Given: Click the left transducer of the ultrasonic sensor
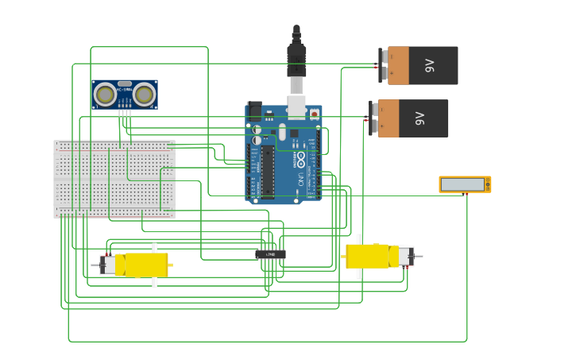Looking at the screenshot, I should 105,95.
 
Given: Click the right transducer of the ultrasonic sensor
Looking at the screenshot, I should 144,95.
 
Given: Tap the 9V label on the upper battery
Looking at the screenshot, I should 431,65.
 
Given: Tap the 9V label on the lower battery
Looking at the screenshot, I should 421,118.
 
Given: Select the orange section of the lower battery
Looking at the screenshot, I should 389,118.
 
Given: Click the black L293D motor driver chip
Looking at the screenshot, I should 271,254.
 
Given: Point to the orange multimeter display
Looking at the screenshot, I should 464,184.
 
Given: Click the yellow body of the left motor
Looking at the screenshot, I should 143,265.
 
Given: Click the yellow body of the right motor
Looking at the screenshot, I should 369,256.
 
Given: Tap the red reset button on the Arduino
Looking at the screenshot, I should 315,114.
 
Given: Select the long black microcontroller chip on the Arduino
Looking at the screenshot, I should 268,170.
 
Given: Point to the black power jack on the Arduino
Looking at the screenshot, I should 253,110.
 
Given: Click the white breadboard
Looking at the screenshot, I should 114,179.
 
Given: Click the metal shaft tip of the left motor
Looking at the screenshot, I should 94,265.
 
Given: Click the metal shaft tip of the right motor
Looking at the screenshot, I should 420,256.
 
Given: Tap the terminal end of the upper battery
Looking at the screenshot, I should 382,65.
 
